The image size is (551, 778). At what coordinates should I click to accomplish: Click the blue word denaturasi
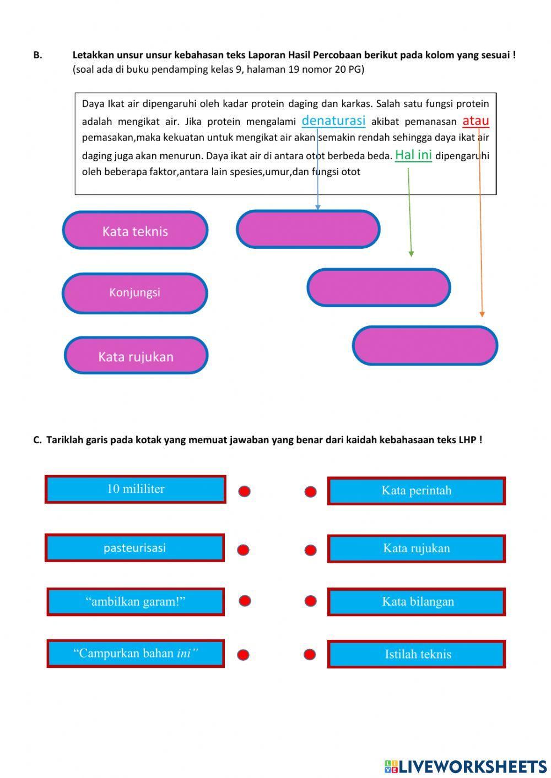tap(333, 121)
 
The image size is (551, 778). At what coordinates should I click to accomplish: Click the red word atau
tap(476, 121)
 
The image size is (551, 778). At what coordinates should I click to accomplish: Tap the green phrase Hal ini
tap(413, 155)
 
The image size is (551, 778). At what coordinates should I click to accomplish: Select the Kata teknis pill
tap(135, 231)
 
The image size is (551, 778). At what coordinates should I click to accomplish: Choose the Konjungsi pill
tap(135, 293)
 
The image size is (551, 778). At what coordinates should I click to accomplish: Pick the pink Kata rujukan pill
tap(136, 356)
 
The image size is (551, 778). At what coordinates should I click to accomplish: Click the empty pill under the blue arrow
tap(308, 229)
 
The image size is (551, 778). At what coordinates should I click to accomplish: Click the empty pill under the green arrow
tap(379, 287)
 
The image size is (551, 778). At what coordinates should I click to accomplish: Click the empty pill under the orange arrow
tap(425, 346)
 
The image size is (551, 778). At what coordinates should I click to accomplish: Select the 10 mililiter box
tap(136, 489)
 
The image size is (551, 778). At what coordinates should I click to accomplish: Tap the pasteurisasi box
tap(135, 548)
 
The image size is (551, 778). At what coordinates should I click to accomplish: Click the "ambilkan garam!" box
tap(136, 601)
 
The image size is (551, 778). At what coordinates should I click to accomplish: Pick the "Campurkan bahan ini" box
tap(136, 654)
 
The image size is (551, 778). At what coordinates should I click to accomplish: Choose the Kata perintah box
tap(417, 491)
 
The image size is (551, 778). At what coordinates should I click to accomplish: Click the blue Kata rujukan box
tap(417, 548)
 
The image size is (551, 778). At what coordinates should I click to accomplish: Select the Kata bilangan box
tap(417, 601)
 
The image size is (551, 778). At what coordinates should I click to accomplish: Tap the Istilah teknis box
tap(417, 654)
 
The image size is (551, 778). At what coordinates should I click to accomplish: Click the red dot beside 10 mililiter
tap(245, 491)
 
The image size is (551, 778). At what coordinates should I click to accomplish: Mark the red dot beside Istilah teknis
tap(310, 655)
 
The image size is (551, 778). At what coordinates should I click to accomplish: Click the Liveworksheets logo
tap(466, 766)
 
